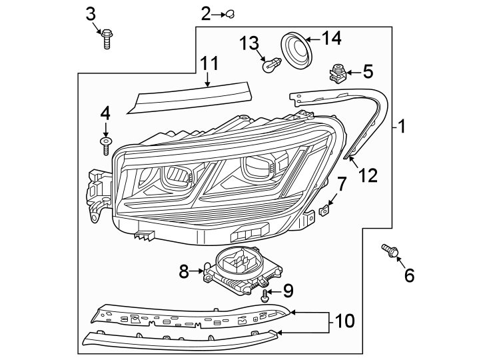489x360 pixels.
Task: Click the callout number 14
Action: tap(331, 39)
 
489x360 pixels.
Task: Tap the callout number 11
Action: tap(209, 64)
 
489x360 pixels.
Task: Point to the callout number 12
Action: tap(368, 175)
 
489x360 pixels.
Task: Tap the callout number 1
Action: tap(402, 126)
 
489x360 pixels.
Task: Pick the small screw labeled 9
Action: tap(266, 295)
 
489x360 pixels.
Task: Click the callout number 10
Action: tap(344, 321)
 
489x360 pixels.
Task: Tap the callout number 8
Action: tap(185, 271)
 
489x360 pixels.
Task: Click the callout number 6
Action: tap(408, 274)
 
